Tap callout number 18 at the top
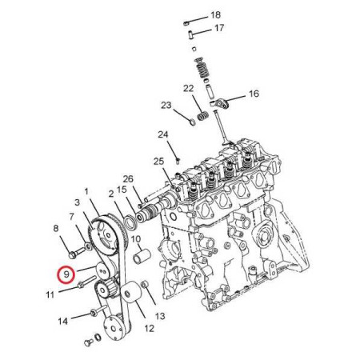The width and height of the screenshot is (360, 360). point(215,15)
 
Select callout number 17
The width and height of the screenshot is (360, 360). point(219,28)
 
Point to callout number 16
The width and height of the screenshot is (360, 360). point(254,94)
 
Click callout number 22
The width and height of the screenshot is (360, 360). point(188,88)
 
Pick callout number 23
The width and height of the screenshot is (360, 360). point(166,105)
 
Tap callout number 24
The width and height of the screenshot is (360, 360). point(163,134)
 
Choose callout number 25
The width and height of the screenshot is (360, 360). point(158,161)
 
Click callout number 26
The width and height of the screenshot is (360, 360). point(128,178)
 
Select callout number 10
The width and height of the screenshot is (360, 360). point(136,238)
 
